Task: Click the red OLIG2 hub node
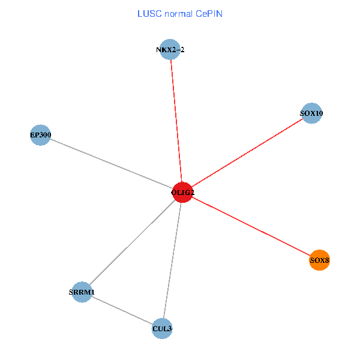182,192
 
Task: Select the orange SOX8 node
319,260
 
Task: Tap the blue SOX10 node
311,113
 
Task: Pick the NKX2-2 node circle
170,49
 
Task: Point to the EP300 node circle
40,136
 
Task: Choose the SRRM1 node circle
82,292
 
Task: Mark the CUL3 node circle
162,329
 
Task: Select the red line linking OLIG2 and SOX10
247,152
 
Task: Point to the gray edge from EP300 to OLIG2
111,164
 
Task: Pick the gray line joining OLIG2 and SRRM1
132,242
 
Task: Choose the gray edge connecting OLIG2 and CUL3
172,260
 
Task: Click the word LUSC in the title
148,13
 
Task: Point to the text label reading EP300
40,136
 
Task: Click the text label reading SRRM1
82,292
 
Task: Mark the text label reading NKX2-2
170,49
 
